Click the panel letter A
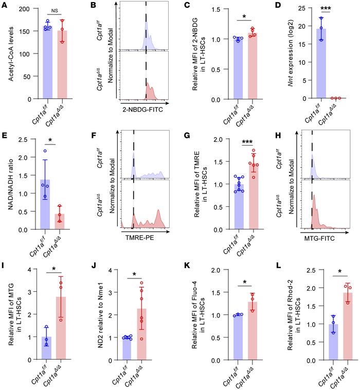pyautogui.click(x=4, y=6)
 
